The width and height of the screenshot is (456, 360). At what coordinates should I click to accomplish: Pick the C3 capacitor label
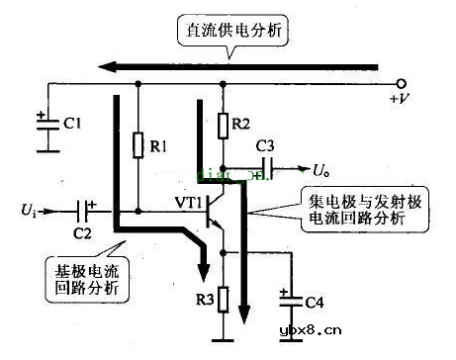[266, 146]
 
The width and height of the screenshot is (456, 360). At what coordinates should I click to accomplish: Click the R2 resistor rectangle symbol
[224, 125]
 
